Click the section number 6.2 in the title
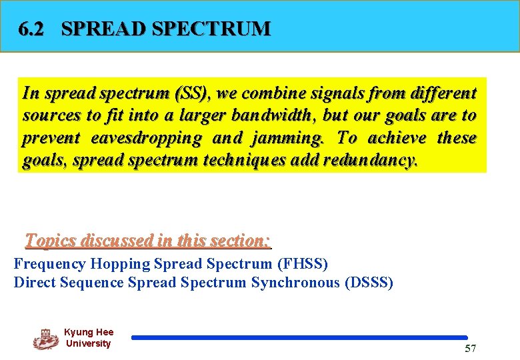point(32,29)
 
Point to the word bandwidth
point(271,115)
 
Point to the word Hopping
point(120,264)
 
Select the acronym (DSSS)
point(369,283)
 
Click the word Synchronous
point(295,283)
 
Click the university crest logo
point(46,339)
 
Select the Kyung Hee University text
point(89,338)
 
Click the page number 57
point(470,349)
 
